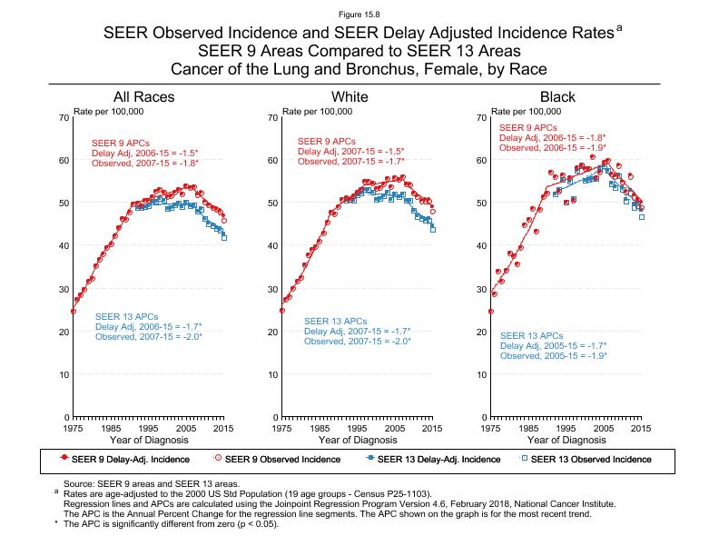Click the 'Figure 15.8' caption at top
[x=359, y=15]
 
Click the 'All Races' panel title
[x=143, y=97]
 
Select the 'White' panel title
[x=350, y=97]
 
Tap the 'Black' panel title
[x=557, y=97]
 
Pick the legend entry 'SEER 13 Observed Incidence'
[x=585, y=459]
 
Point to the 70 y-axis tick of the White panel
[x=272, y=118]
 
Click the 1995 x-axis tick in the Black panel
[x=566, y=428]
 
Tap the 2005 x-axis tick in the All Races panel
[x=186, y=428]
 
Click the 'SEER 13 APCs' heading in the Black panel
[x=532, y=336]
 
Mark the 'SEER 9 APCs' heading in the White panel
[x=326, y=142]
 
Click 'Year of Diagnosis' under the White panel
[x=357, y=440]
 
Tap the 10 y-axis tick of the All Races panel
[x=64, y=374]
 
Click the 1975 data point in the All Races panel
[x=74, y=312]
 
